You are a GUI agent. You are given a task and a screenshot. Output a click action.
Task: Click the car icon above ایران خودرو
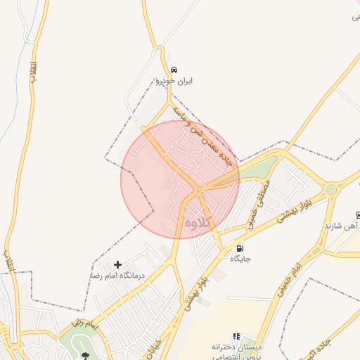pos(174,70)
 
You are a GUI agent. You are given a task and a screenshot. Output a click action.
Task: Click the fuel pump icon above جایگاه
pos(240,248)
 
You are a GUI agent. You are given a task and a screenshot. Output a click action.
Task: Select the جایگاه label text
pos(240,259)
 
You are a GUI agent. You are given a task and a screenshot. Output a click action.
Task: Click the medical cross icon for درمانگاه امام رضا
pos(117,265)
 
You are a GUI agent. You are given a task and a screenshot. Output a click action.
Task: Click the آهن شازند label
pos(342,226)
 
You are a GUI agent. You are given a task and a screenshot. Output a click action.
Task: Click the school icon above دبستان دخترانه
pos(236,337)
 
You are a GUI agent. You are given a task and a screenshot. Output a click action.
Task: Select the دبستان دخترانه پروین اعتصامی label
pos(236,351)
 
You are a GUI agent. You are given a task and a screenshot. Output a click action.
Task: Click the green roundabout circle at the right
pos(331,189)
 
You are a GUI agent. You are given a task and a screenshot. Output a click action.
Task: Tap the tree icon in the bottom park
pos(86,356)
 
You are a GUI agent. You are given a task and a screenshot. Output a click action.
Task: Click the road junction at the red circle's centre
pos(199,190)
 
